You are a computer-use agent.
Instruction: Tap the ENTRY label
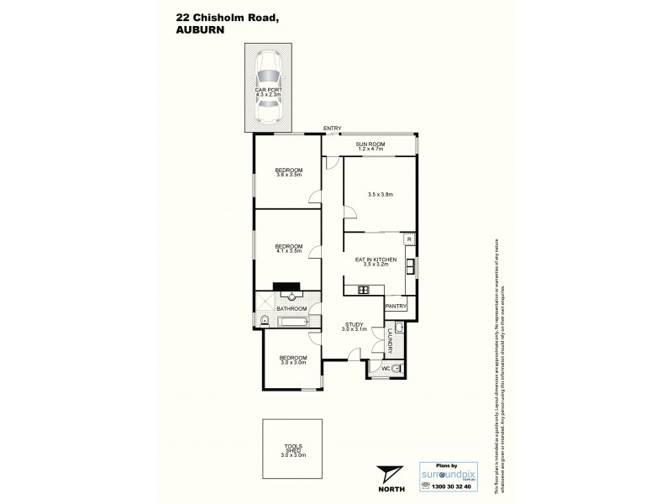333,129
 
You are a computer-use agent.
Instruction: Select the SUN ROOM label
370,144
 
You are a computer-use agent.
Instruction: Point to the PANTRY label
395,307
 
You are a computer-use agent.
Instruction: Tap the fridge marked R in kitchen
408,239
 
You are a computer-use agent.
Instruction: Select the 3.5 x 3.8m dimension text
381,195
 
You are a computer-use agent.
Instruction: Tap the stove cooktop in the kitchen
365,291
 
